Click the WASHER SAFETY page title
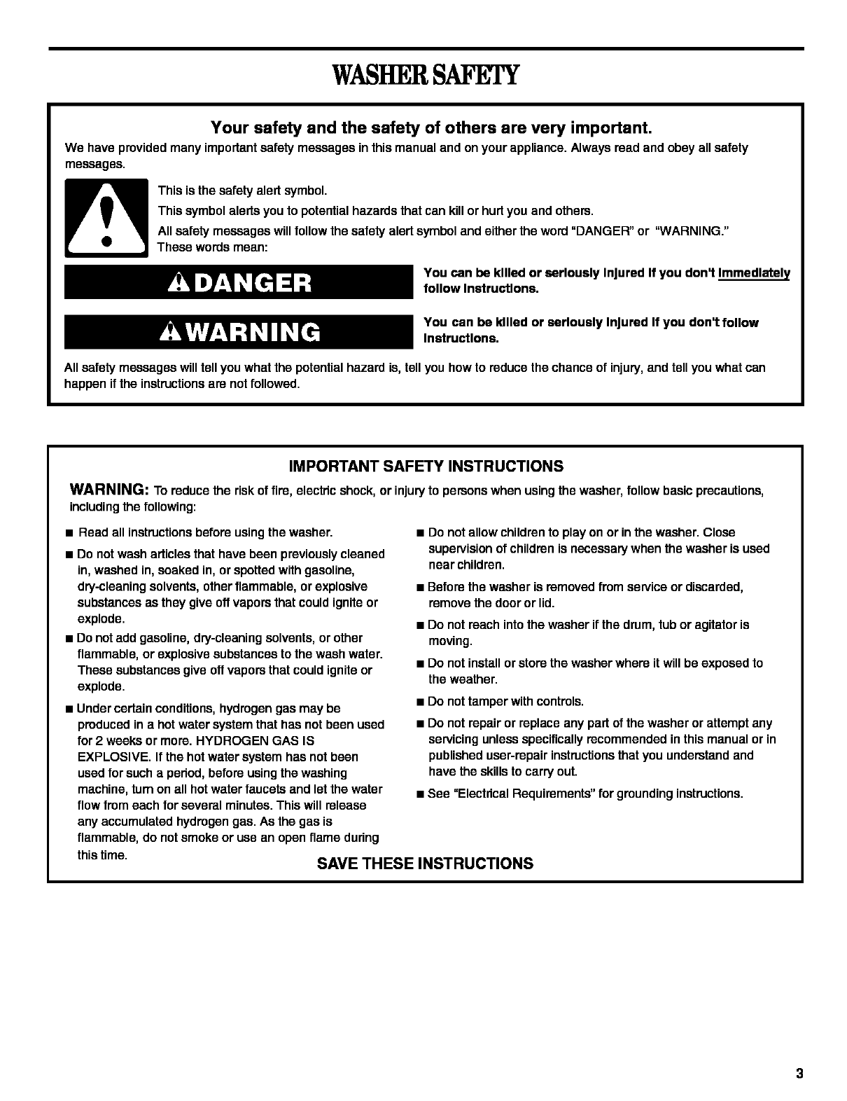[426, 75]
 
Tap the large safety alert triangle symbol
[106, 218]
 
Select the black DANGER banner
[239, 282]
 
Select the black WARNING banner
[239, 331]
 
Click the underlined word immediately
[754, 273]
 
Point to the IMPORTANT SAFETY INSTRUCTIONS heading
[426, 466]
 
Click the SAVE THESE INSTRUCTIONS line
[425, 864]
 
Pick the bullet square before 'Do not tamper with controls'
[420, 702]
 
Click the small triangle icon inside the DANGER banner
[178, 283]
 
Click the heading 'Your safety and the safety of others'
[431, 128]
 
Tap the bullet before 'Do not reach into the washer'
[420, 625]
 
